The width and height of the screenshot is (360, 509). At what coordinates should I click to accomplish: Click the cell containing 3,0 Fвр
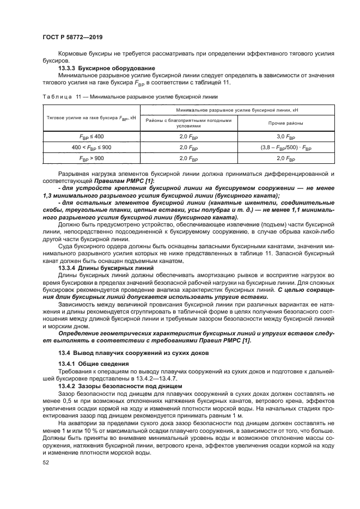click(x=286, y=136)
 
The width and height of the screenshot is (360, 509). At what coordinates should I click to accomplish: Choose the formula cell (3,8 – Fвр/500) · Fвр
click(x=286, y=148)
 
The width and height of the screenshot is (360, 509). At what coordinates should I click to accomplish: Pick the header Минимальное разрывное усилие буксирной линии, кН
click(x=237, y=110)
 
